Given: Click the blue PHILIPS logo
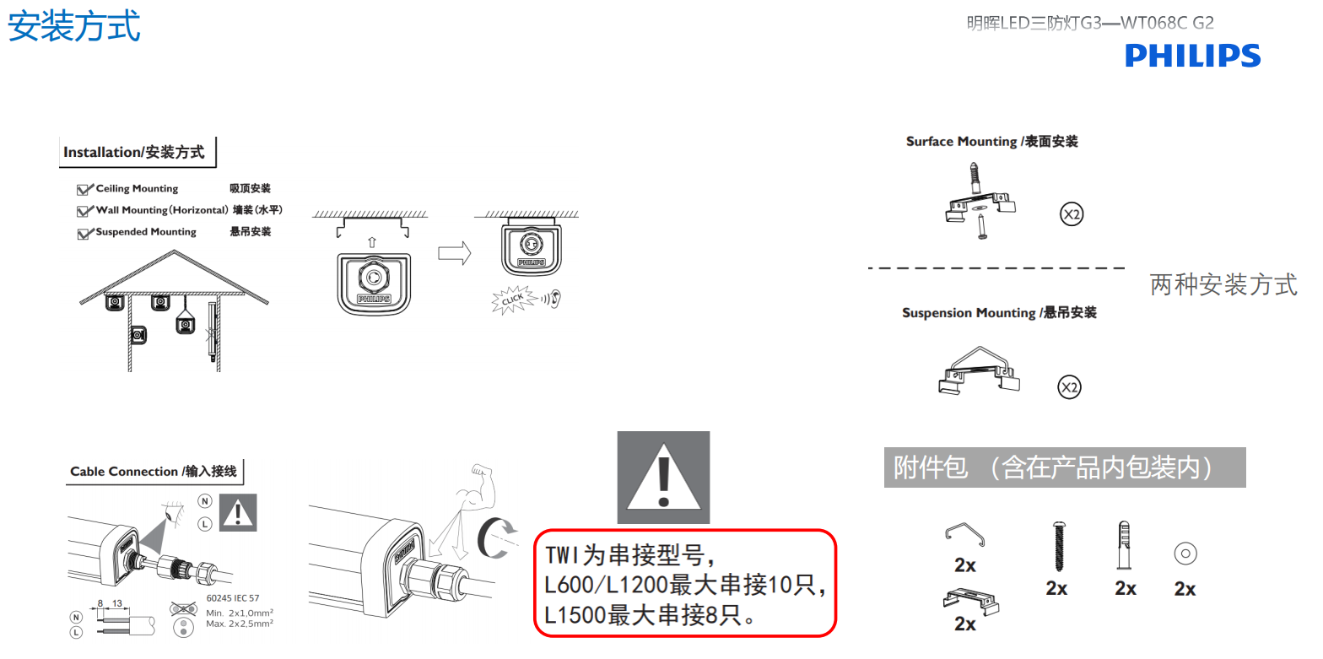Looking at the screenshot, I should click(x=1192, y=56).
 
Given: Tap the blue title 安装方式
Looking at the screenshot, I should click(x=74, y=25).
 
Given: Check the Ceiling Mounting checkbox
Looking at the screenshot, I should click(x=84, y=190).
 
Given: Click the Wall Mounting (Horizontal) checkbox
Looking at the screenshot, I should click(x=84, y=211).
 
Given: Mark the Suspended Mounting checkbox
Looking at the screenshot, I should click(x=84, y=233).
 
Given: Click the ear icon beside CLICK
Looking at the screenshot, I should click(x=553, y=297).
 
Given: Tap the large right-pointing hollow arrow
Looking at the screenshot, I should click(x=454, y=253).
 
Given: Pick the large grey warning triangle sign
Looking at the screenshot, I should click(x=663, y=477).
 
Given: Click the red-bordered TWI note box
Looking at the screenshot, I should click(x=684, y=583).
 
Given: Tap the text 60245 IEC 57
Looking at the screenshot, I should click(x=233, y=598).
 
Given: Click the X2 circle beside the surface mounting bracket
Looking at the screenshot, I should click(x=1072, y=215).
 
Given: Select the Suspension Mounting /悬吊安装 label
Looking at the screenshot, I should click(x=999, y=313).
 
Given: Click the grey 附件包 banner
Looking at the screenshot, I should click(x=1064, y=467).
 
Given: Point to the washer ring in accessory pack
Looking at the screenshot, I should click(x=1185, y=554).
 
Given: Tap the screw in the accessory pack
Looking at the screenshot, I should click(x=1056, y=546).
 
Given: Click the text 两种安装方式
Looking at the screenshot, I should click(x=1223, y=284).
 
